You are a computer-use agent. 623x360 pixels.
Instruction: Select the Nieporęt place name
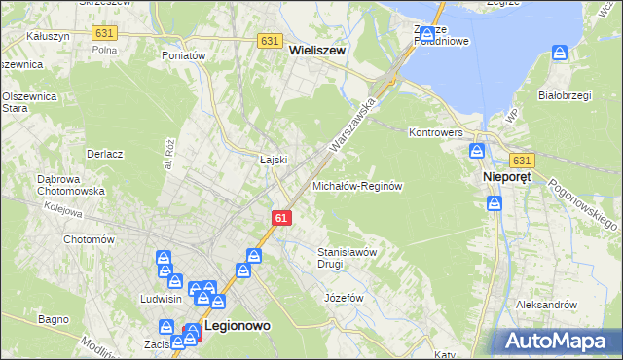pos(506,178)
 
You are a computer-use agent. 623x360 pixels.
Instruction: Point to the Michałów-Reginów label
pos(357,185)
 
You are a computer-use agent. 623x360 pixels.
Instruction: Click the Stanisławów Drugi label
pos(348,257)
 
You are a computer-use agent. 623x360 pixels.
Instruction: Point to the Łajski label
pos(271,160)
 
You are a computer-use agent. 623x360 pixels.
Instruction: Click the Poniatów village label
pos(184,56)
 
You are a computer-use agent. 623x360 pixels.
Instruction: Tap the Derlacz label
pos(104,154)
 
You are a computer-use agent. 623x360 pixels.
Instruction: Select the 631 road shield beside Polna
pos(103,33)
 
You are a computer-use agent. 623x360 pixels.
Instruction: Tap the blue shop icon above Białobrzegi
pos(560,53)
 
